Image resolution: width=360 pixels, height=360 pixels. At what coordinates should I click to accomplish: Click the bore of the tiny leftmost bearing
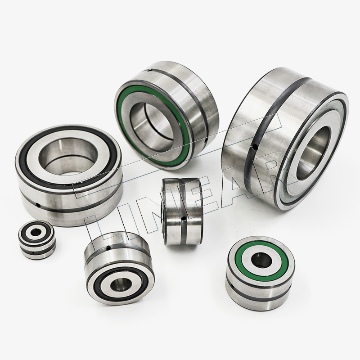point(35,233)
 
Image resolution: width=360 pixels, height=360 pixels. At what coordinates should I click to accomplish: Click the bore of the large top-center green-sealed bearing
point(152,125)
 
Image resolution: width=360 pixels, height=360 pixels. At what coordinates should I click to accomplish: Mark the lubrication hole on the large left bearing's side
point(38,205)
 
